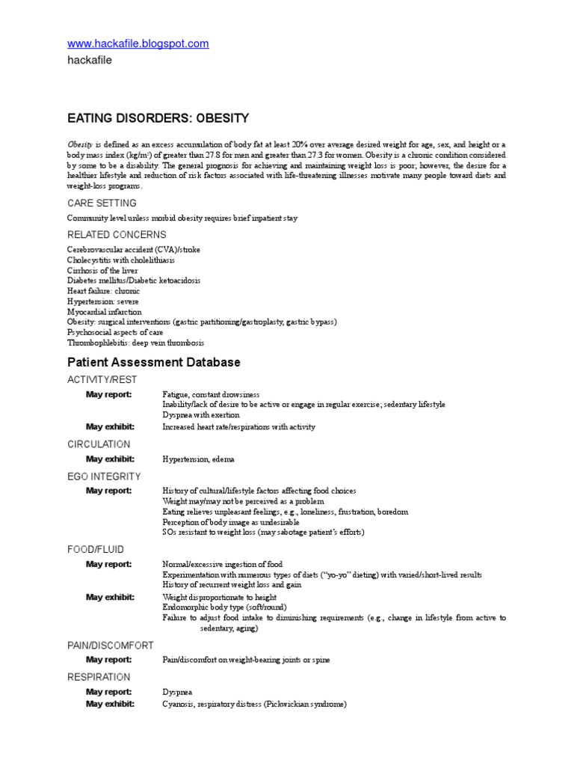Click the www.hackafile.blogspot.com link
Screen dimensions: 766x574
tap(138, 44)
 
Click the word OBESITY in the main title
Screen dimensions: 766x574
tap(221, 118)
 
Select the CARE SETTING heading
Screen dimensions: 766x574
tap(102, 203)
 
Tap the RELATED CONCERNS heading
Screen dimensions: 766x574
tap(116, 235)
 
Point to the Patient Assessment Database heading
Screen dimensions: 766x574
tap(154, 362)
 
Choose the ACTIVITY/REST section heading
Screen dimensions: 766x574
tap(102, 379)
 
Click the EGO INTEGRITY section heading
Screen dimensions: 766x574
tap(104, 476)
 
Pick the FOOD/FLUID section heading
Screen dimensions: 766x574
tap(96, 549)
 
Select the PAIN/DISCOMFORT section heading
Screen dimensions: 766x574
tap(111, 645)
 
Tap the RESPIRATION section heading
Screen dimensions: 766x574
tap(99, 677)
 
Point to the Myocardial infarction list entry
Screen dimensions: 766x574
tap(104, 312)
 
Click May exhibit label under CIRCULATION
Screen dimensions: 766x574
tap(110, 459)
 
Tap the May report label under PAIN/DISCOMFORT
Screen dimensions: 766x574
tap(108, 660)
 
